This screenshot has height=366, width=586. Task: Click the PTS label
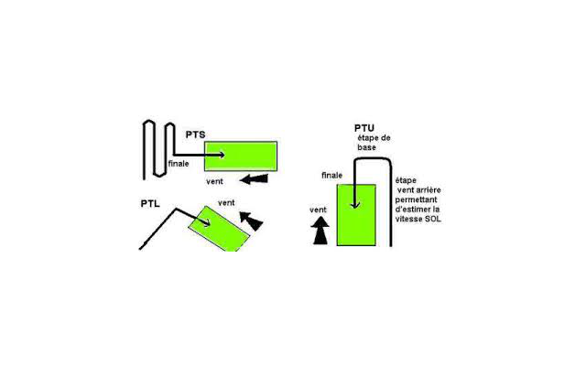[195, 135]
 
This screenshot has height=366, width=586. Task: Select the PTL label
[150, 204]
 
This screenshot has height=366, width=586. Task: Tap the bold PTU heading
[364, 128]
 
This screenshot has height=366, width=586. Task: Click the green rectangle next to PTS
[241, 156]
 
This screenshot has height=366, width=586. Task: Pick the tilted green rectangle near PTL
[219, 229]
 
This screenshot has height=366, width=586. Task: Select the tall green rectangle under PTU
[356, 215]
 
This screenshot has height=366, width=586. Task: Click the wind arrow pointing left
[254, 179]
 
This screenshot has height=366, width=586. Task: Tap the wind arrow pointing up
[320, 231]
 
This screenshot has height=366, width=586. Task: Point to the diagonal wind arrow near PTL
[251, 221]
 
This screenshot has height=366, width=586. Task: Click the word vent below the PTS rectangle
[214, 181]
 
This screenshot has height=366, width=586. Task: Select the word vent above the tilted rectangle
[226, 203]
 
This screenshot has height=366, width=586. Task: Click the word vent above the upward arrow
[318, 210]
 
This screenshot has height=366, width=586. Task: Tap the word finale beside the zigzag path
[179, 164]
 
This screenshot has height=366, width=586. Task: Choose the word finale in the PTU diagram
[331, 175]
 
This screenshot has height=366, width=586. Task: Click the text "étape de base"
[374, 143]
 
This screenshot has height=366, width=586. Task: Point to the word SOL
[434, 220]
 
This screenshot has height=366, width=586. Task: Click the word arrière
[429, 190]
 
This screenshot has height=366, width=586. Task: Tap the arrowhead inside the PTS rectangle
[222, 155]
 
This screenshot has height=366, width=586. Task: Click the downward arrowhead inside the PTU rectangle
[355, 205]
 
